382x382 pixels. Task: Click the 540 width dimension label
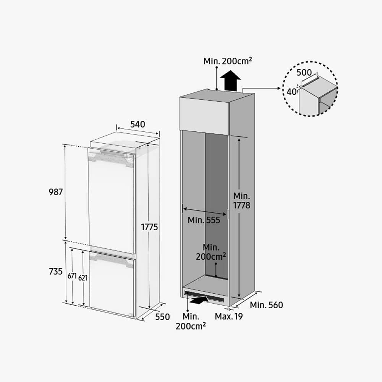click(x=138, y=125)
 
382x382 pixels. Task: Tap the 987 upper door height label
click(x=56, y=192)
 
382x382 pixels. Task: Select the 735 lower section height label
click(x=56, y=271)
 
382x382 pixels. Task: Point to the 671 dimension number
click(x=72, y=276)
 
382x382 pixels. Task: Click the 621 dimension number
click(x=83, y=278)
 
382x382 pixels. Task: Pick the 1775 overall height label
click(x=150, y=227)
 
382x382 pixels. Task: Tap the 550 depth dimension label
click(x=162, y=317)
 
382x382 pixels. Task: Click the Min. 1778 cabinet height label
click(x=242, y=201)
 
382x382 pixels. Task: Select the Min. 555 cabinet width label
click(x=204, y=220)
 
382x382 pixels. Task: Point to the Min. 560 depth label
click(x=267, y=305)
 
